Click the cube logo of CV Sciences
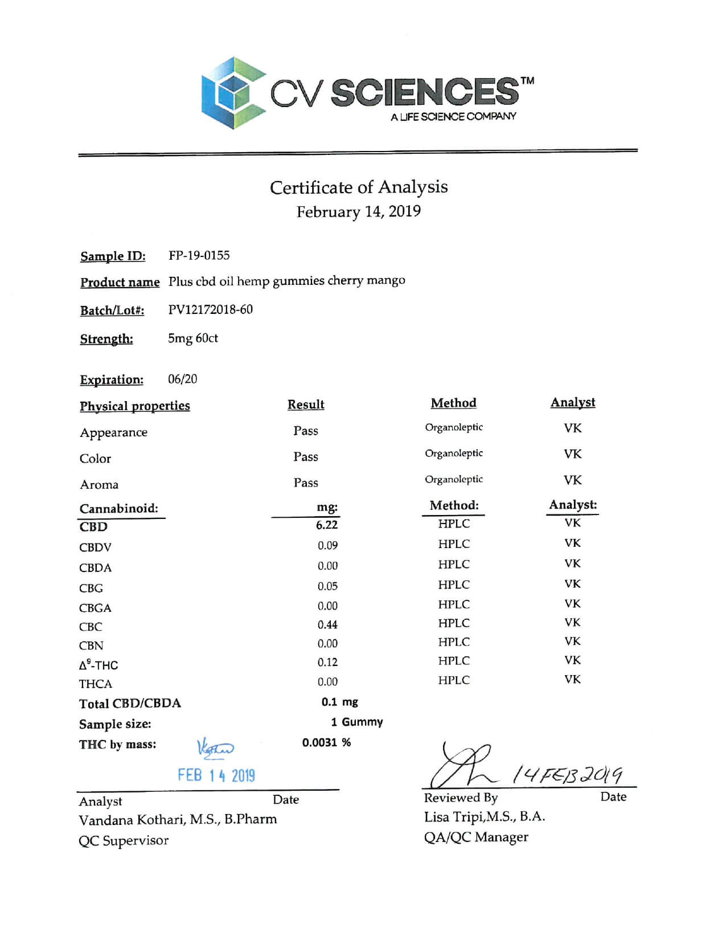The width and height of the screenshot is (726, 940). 233,93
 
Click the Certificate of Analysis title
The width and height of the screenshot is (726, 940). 359,187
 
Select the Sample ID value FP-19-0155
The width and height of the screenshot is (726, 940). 199,255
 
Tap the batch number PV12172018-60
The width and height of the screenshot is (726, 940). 210,309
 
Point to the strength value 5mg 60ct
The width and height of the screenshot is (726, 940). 192,338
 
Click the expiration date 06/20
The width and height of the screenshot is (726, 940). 182,379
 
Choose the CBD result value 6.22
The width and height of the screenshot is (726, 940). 327,525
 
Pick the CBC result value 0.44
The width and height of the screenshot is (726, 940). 327,625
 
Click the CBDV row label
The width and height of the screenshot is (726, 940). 95,547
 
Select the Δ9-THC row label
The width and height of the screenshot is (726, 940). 99,665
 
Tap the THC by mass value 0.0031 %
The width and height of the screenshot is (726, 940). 326,742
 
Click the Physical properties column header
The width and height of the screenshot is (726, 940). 135,406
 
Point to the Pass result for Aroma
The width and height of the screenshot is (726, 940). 306,483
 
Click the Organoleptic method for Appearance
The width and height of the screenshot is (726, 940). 454,427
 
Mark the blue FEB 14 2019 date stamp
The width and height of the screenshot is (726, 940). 216,775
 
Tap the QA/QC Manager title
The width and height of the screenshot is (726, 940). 476,837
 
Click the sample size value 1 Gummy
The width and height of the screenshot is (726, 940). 356,722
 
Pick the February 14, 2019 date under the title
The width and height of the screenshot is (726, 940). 359,212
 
